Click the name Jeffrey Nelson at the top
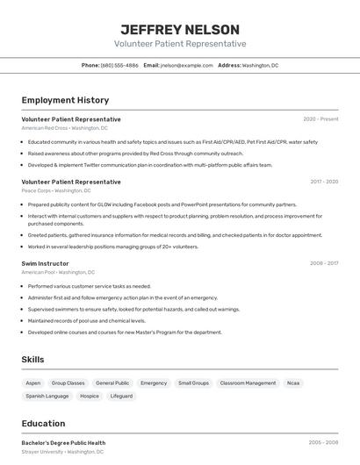point(180,29)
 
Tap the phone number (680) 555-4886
point(119,66)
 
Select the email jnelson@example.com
point(186,66)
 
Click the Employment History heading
point(65,101)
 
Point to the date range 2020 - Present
point(320,119)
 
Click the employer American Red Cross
point(46,128)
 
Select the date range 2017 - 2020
point(324,182)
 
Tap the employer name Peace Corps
point(37,190)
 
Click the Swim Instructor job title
point(45,262)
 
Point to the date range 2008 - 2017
point(324,262)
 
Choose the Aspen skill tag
point(33,383)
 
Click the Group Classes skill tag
point(68,383)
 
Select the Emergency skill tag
point(154,383)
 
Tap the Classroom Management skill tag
point(248,383)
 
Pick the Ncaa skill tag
point(293,383)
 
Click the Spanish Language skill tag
point(47,397)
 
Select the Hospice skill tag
point(90,397)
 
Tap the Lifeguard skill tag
point(121,397)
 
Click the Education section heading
point(43,423)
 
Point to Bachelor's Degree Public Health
point(63,443)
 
